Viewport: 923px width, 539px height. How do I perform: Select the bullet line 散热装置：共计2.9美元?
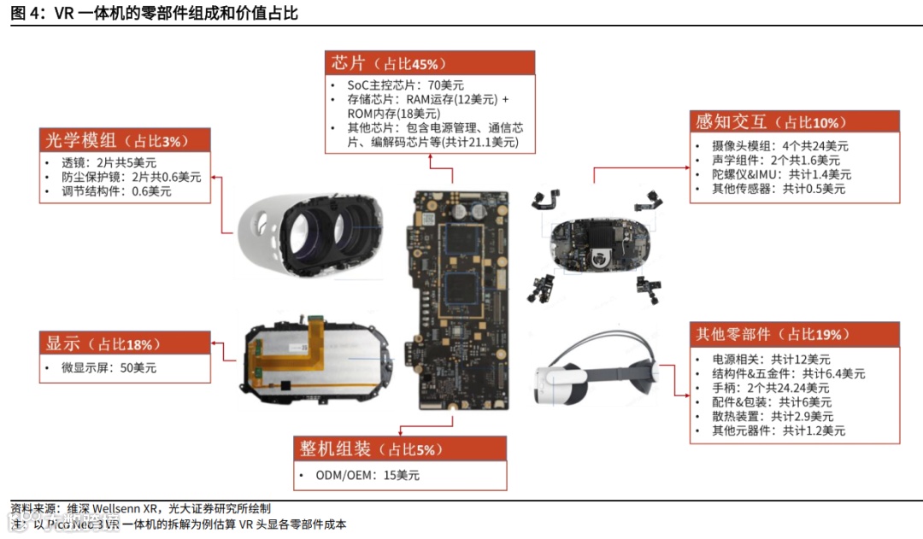(772, 416)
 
